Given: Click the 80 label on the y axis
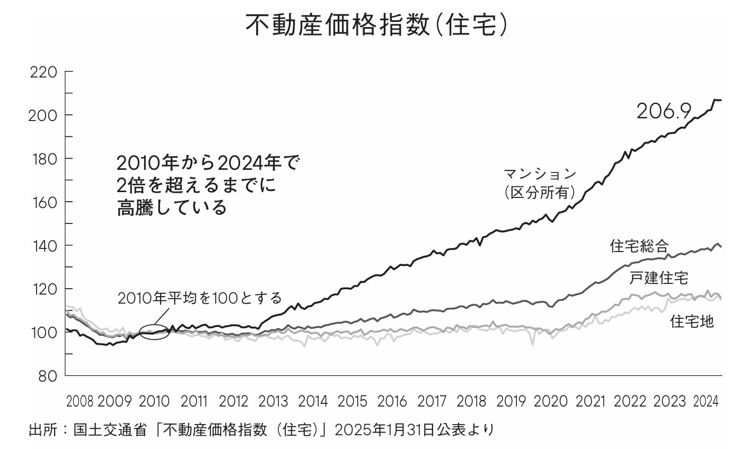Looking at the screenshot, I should pyautogui.click(x=48, y=376).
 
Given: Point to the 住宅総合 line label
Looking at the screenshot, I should pyautogui.click(x=639, y=246).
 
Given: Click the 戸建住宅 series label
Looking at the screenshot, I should pyautogui.click(x=658, y=277).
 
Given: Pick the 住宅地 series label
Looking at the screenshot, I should pyautogui.click(x=692, y=321).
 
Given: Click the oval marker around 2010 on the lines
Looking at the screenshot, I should pyautogui.click(x=154, y=333).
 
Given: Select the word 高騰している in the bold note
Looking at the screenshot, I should pyautogui.click(x=172, y=208).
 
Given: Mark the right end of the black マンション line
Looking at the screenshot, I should pyautogui.click(x=721, y=100).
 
